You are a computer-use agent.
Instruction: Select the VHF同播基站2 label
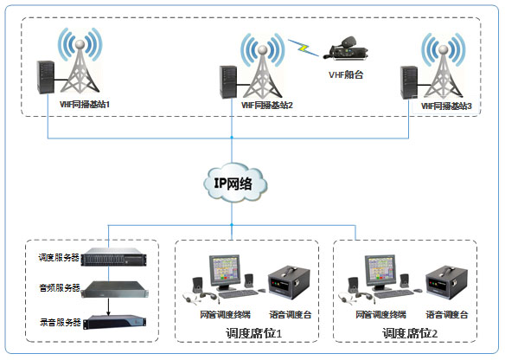(266, 105)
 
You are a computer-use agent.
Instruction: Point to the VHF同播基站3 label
(446, 105)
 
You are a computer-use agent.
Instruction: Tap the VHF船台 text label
(347, 74)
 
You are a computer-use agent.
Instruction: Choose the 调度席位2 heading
(407, 332)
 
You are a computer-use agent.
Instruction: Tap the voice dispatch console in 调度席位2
(448, 285)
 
